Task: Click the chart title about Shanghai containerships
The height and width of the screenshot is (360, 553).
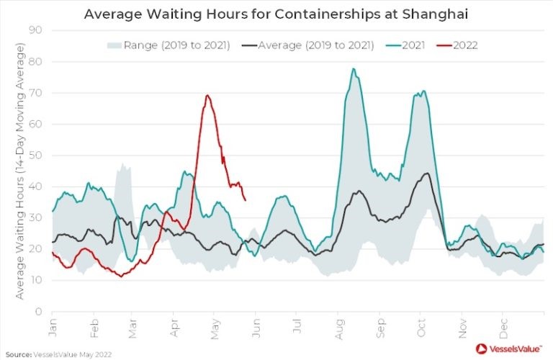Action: pyautogui.click(x=276, y=14)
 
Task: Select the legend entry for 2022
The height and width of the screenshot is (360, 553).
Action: pyautogui.click(x=459, y=45)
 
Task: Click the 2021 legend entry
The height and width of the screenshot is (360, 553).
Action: pyautogui.click(x=408, y=45)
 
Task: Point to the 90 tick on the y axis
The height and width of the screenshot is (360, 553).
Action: pyautogui.click(x=35, y=30)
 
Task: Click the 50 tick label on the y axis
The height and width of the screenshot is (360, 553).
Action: pyautogui.click(x=35, y=156)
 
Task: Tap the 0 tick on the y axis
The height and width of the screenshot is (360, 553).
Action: pyautogui.click(x=38, y=312)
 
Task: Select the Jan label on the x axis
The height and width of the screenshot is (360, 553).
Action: pyautogui.click(x=53, y=325)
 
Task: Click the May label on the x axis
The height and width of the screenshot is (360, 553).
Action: pyautogui.click(x=215, y=325)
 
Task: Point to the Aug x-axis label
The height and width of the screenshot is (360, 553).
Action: pyautogui.click(x=338, y=325)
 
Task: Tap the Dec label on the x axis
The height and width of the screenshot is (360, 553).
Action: pyautogui.click(x=503, y=325)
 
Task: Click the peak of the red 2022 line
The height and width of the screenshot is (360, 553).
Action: pyautogui.click(x=207, y=96)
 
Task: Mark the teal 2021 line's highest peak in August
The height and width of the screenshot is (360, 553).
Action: pyautogui.click(x=353, y=69)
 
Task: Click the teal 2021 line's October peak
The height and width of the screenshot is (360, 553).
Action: pyautogui.click(x=423, y=91)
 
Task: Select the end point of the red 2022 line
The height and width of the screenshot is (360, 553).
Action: pyautogui.click(x=246, y=200)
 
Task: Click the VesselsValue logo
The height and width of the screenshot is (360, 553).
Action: pyautogui.click(x=508, y=348)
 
